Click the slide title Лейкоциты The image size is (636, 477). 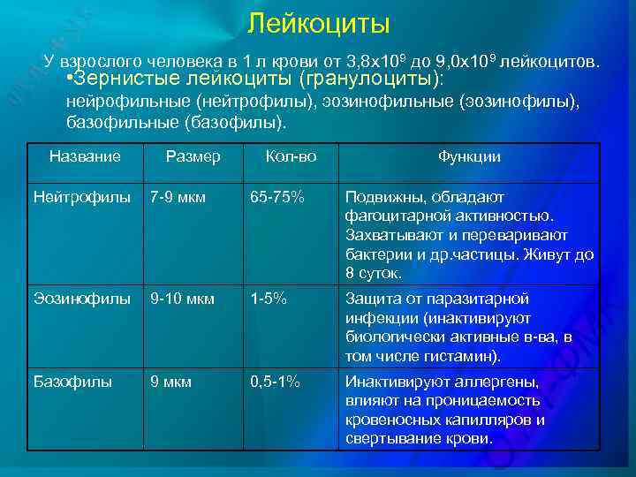(x=318, y=23)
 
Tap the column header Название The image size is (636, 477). (x=85, y=156)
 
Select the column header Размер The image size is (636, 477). (x=193, y=156)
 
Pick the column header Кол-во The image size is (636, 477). (x=291, y=156)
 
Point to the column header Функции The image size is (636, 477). (x=469, y=156)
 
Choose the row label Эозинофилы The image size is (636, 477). (x=77, y=299)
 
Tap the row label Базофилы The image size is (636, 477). (x=72, y=382)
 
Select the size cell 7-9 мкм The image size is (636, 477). (x=178, y=197)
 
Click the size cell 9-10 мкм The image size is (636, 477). (x=182, y=299)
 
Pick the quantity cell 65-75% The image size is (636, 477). (x=277, y=197)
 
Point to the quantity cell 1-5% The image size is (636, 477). (x=268, y=299)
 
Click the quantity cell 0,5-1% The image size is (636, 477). (x=275, y=382)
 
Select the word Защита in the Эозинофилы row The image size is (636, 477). (x=369, y=299)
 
